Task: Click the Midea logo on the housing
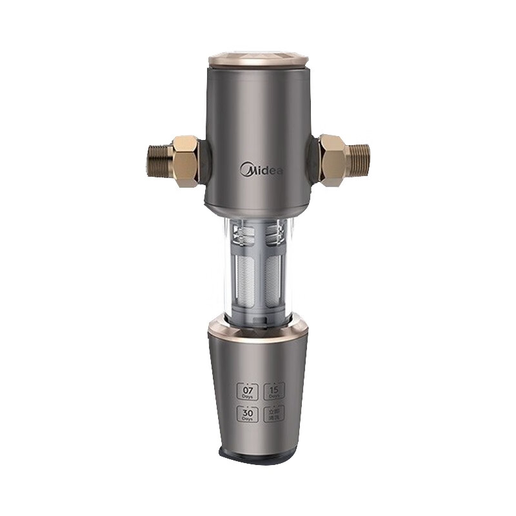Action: click(261, 170)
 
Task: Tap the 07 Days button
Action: click(247, 392)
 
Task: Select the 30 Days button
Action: click(247, 415)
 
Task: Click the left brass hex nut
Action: click(185, 161)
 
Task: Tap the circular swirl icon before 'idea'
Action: click(246, 170)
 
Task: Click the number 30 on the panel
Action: click(247, 412)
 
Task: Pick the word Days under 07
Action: click(247, 396)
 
